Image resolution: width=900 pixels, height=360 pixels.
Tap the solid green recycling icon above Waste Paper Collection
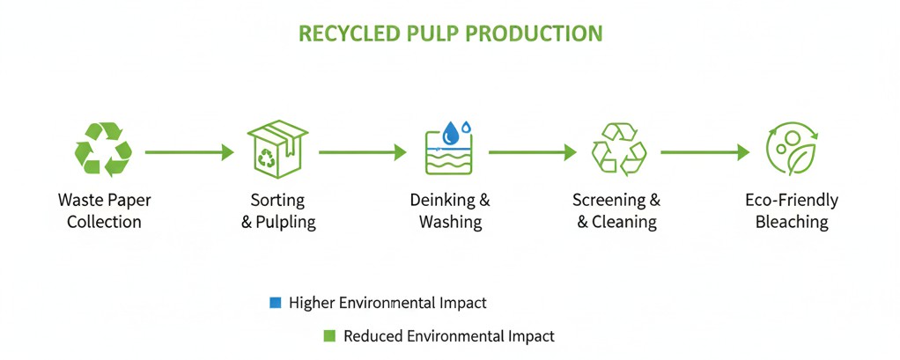104,149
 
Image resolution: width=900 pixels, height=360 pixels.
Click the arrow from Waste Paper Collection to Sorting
189,153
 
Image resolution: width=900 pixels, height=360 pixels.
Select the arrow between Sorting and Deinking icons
362,153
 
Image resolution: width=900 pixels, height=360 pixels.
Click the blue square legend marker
275,303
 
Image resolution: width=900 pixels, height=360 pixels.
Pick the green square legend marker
329,335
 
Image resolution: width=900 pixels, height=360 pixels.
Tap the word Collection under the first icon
104,222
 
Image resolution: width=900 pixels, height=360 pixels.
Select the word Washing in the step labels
450,222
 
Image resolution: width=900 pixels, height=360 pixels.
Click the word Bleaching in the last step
792,222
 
